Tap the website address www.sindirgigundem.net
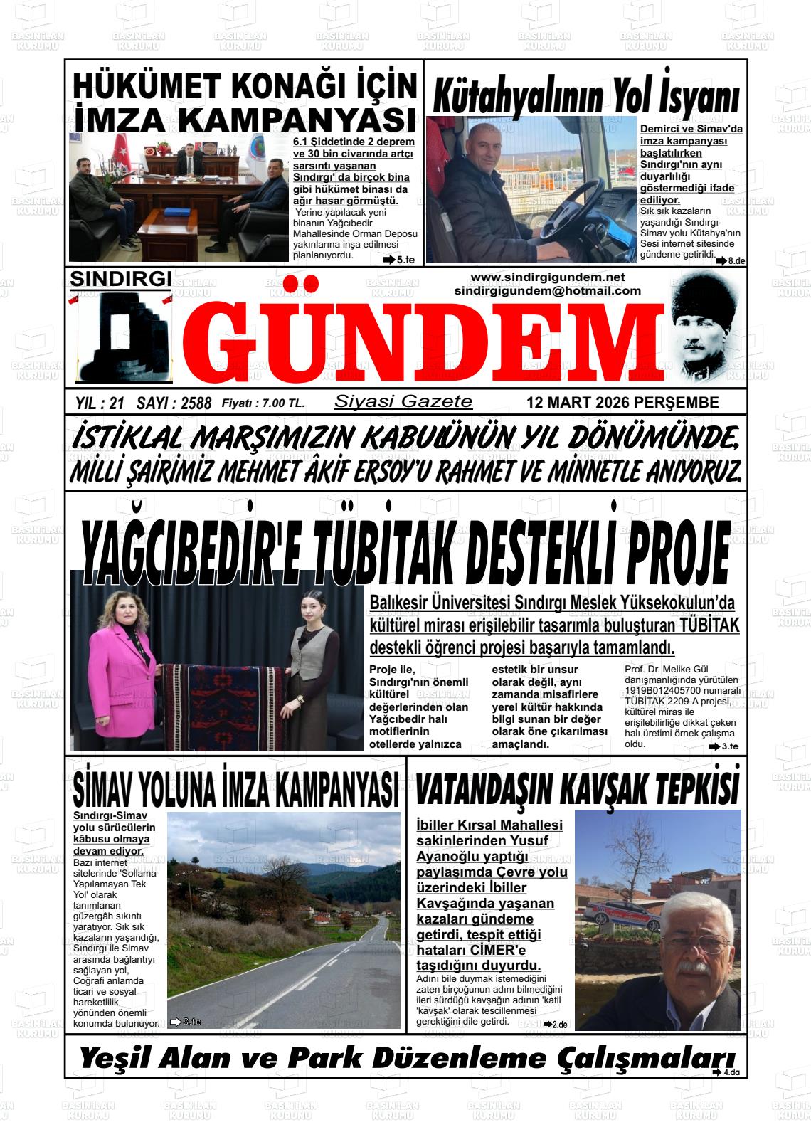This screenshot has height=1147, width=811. coord(547,277)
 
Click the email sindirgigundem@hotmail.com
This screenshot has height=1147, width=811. coord(547,290)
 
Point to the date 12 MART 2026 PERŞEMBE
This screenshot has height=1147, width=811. coord(622,403)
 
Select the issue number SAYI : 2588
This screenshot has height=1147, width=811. coord(174,403)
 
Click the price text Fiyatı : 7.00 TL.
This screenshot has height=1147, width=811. coord(263,403)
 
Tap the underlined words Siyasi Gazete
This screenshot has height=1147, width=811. coord(403,401)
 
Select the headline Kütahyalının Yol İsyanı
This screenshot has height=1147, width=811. coord(585,94)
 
